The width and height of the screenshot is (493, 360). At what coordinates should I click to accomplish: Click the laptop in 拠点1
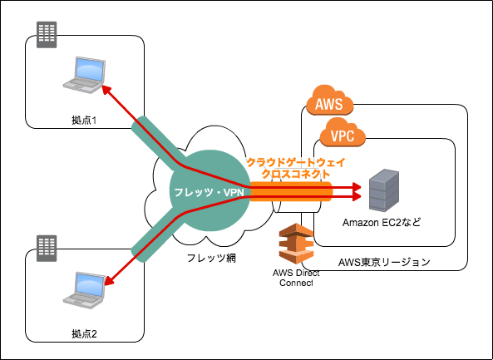point(84,75)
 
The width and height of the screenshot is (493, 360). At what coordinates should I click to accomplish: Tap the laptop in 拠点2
point(84,290)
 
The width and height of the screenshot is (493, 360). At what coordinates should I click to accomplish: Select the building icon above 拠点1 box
point(47,35)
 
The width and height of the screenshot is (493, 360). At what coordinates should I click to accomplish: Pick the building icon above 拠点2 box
point(47,249)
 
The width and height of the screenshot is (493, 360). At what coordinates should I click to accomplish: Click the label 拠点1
point(84,121)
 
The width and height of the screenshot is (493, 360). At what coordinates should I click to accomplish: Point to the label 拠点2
point(84,334)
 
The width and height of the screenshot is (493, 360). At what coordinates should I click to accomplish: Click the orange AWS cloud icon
point(330,101)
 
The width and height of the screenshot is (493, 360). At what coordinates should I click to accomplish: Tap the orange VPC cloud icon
point(343,133)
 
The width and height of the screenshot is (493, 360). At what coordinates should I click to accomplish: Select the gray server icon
point(384,190)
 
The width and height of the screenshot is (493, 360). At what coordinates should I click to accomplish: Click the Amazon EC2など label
point(382,223)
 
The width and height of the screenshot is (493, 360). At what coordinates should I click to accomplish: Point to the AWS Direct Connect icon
point(297,244)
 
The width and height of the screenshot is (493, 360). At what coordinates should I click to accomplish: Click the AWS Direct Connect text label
point(296,278)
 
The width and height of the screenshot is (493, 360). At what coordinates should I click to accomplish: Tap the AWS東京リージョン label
point(384,262)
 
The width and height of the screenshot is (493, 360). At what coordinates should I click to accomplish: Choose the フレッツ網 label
point(211,258)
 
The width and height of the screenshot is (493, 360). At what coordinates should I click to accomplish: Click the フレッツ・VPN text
point(209,192)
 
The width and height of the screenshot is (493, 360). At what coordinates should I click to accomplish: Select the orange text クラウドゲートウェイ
point(296,163)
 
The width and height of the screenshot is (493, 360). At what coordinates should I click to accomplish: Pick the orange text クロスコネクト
point(296,175)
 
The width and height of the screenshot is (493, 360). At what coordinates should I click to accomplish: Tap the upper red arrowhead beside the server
point(357,187)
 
